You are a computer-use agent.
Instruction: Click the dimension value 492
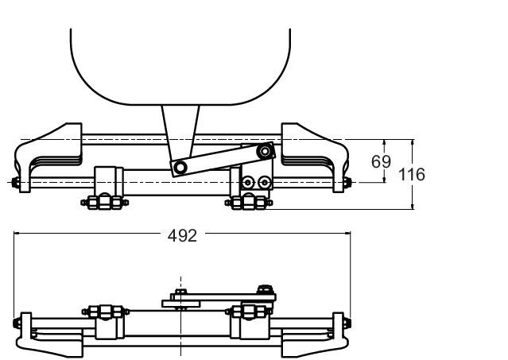click(x=182, y=236)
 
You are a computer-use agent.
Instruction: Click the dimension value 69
click(x=381, y=161)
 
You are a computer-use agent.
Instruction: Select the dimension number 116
click(x=412, y=175)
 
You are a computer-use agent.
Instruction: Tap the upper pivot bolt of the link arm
click(x=265, y=151)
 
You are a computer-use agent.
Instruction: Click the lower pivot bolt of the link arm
click(x=180, y=168)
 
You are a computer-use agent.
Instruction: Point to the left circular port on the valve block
click(x=248, y=182)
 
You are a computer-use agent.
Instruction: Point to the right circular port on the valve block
click(x=265, y=182)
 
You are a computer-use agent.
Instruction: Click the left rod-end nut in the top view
click(x=15, y=182)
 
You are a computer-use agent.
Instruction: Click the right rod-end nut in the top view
click(x=347, y=182)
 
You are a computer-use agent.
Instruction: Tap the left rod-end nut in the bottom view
click(x=17, y=323)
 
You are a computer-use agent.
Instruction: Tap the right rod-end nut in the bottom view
click(x=347, y=323)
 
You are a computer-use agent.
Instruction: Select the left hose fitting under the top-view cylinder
click(x=105, y=203)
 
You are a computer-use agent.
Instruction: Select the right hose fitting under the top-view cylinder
click(x=249, y=203)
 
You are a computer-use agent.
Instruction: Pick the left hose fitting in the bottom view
click(x=105, y=312)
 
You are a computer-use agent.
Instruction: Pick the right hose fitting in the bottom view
click(x=249, y=312)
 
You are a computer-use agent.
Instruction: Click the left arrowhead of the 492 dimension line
click(x=17, y=233)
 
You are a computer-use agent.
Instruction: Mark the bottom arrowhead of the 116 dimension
click(x=413, y=206)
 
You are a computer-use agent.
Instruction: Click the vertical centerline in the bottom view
click(x=180, y=316)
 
